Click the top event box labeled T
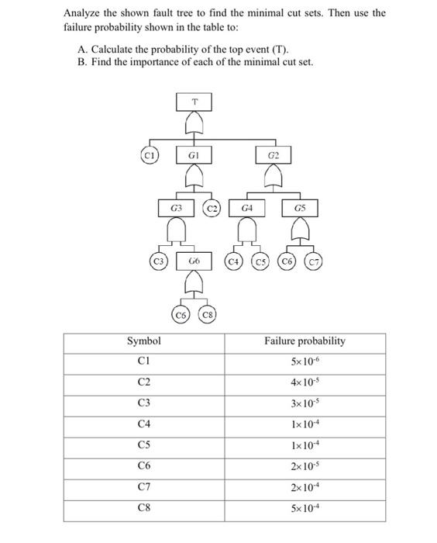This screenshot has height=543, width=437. pyautogui.click(x=195, y=100)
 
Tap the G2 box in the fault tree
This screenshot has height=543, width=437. pyautogui.click(x=272, y=156)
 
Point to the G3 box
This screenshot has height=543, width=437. pyautogui.click(x=177, y=208)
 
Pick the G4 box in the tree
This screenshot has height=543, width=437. pyautogui.click(x=246, y=208)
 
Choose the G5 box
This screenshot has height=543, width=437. pyautogui.click(x=300, y=208)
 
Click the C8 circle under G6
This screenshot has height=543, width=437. pyautogui.click(x=207, y=315)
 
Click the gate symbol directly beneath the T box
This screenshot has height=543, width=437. pyautogui.click(x=195, y=123)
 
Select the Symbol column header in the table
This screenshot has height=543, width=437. pyautogui.click(x=144, y=341)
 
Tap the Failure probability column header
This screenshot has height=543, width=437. pyautogui.click(x=305, y=341)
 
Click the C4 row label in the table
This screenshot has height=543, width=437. pyautogui.click(x=144, y=424)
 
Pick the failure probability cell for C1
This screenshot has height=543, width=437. pyautogui.click(x=305, y=361)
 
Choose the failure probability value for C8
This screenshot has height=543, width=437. pyautogui.click(x=305, y=507)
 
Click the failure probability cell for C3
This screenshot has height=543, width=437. pyautogui.click(x=305, y=403)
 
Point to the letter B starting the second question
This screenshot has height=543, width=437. pyautogui.click(x=81, y=61)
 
